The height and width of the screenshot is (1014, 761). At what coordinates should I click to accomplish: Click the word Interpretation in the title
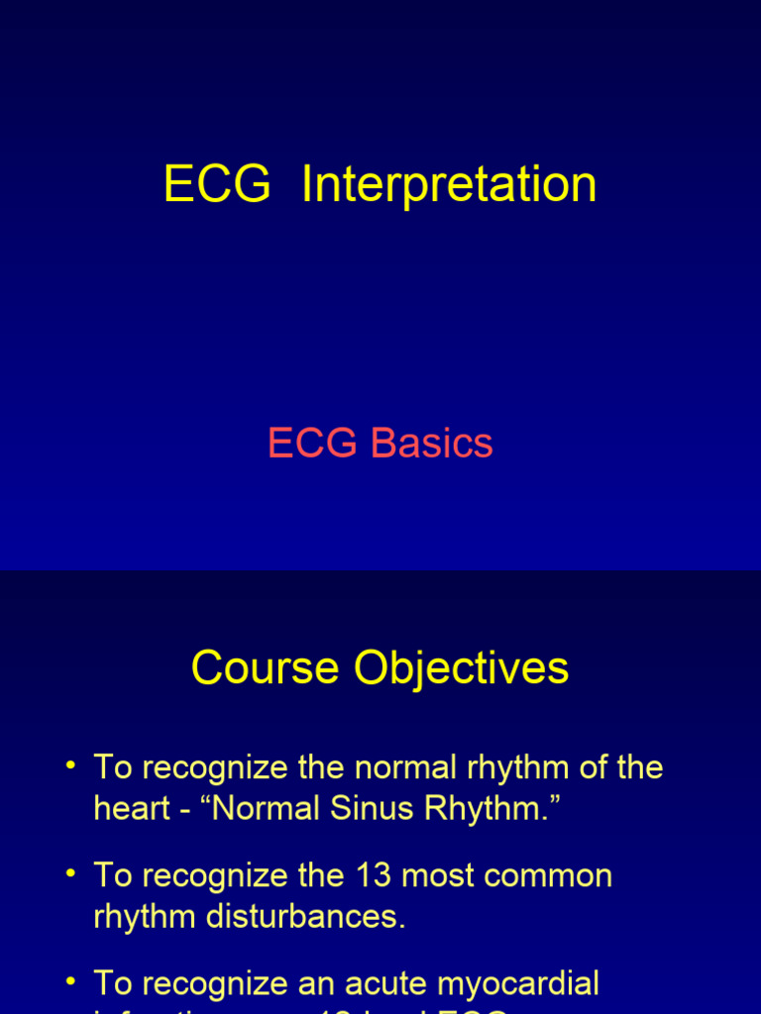coord(449,185)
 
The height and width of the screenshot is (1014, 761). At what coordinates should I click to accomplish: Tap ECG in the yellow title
coord(217,185)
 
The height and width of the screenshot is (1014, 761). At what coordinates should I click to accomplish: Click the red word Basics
coord(432,444)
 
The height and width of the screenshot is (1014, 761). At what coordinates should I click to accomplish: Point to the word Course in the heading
coord(266,667)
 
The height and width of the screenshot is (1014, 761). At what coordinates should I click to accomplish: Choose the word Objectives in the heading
coord(461,667)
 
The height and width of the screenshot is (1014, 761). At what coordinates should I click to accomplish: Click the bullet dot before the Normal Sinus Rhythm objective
coord(71,765)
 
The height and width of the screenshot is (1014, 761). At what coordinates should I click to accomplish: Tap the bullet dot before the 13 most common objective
coord(71,873)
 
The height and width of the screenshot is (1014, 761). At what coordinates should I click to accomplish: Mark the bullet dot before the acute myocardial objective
coord(71,981)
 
